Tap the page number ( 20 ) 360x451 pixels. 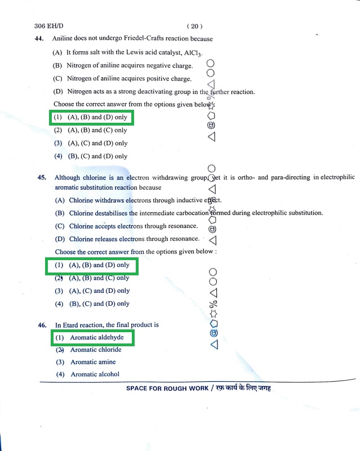point(193,26)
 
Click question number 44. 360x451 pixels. point(39,39)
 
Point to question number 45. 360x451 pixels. point(42,177)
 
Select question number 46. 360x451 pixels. point(42,325)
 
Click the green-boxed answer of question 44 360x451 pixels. point(91,118)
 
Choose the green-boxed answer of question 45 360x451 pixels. point(92,265)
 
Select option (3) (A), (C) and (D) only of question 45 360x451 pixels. point(92,291)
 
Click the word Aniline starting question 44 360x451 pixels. point(62,39)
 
